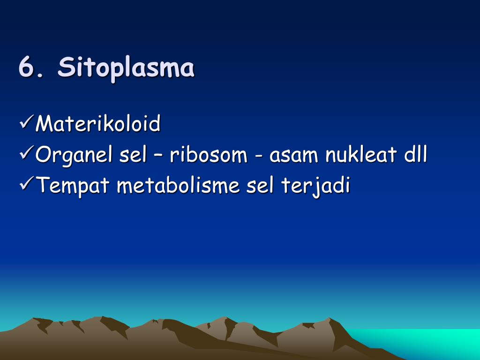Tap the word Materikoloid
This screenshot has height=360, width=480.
(98, 124)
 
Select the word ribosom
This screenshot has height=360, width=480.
(208, 155)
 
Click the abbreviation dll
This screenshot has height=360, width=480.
(415, 155)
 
